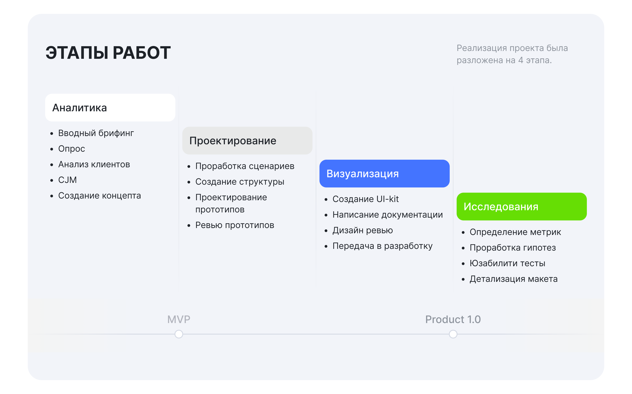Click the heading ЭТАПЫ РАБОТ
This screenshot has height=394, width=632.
108,53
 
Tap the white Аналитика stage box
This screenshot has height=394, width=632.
110,108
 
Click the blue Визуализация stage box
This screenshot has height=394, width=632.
384,174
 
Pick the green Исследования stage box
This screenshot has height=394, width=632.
521,207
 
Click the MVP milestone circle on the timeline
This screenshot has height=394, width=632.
179,334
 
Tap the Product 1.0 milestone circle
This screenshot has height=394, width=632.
453,334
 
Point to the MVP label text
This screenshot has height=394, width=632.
179,319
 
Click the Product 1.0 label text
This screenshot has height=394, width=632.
453,319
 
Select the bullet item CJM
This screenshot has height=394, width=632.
67,180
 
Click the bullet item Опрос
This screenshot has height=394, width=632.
72,149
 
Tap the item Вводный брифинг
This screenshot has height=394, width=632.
96,133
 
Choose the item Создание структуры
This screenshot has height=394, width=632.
240,182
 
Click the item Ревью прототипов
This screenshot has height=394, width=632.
235,225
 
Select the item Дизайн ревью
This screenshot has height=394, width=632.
362,230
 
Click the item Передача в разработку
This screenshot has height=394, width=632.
382,246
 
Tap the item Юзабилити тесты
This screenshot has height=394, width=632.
507,263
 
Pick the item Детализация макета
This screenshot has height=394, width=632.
513,279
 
